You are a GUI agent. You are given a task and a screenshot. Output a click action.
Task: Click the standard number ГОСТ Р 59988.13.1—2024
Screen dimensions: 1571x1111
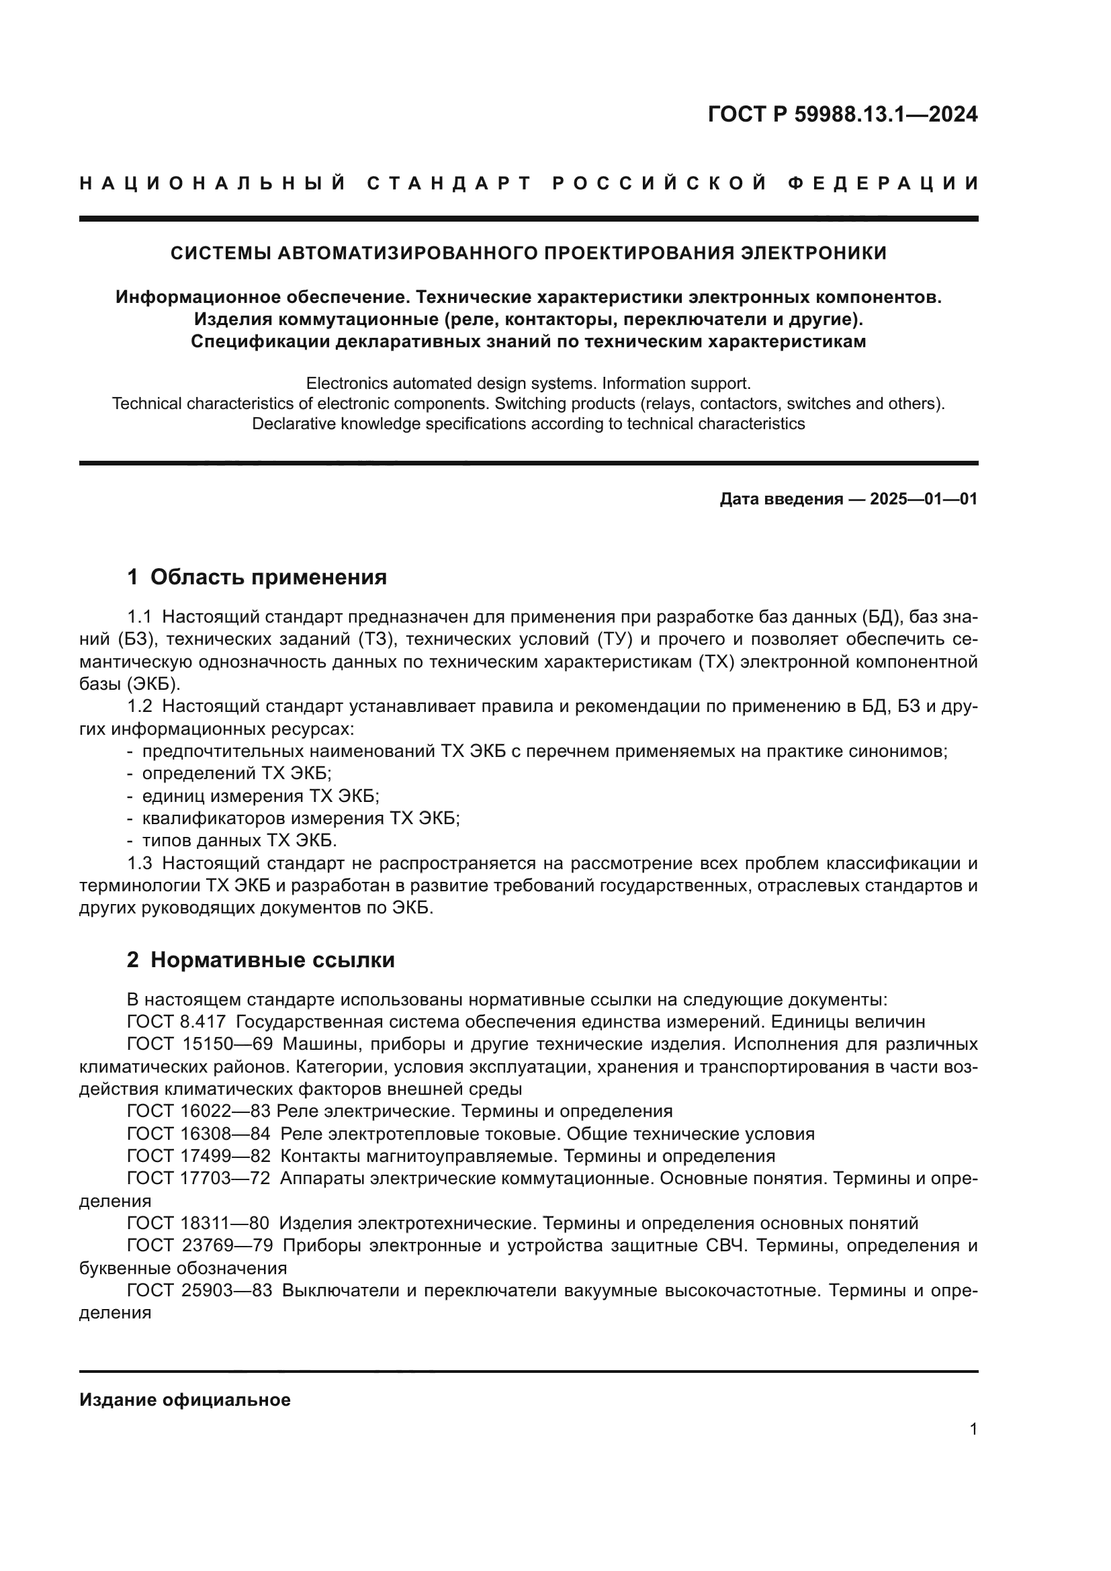coord(842,114)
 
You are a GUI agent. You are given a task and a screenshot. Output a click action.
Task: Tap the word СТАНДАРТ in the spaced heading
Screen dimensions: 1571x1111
coord(449,183)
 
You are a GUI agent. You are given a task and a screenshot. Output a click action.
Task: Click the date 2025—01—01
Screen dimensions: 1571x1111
coord(923,499)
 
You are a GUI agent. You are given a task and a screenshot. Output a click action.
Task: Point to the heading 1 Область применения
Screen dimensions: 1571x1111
coord(257,577)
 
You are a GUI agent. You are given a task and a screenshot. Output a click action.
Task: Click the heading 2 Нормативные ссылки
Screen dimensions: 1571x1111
coord(261,960)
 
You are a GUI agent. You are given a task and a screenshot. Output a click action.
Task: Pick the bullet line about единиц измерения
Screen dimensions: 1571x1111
coord(260,797)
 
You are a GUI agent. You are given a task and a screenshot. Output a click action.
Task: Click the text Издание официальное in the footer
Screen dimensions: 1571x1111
coord(185,1400)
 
